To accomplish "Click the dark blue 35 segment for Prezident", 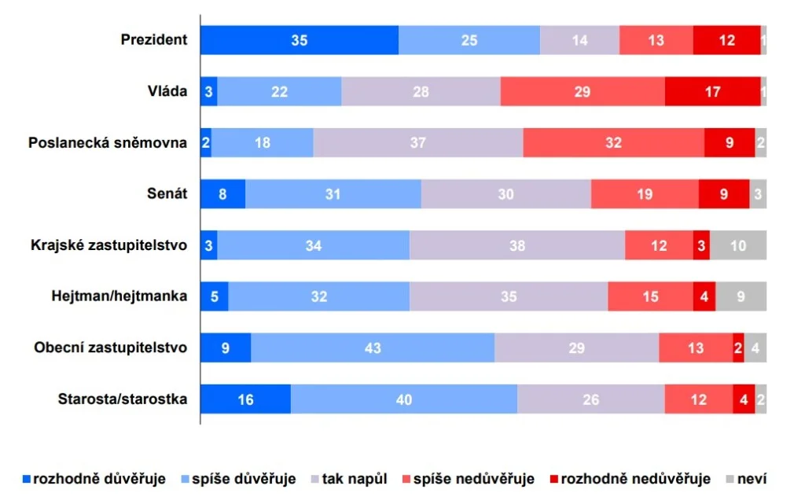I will [x=299, y=40].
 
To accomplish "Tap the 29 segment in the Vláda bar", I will [x=583, y=91].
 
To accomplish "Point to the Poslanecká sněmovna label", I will [x=108, y=143].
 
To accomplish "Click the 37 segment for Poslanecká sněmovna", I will [x=418, y=143].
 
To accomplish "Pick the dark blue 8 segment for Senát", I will [x=222, y=194].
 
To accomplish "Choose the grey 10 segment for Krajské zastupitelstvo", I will [x=738, y=245].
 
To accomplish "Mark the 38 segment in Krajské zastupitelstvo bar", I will [x=517, y=245].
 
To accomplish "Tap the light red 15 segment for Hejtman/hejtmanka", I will [x=650, y=296].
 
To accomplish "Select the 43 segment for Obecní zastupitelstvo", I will [x=373, y=348].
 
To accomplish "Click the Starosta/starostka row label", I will [x=123, y=399].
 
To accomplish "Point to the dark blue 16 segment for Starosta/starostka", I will [x=245, y=399].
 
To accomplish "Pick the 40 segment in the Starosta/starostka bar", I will [x=404, y=399].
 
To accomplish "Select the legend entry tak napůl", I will [x=351, y=479].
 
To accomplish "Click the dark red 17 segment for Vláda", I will [x=712, y=91].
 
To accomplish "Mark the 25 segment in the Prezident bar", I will [x=469, y=40].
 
